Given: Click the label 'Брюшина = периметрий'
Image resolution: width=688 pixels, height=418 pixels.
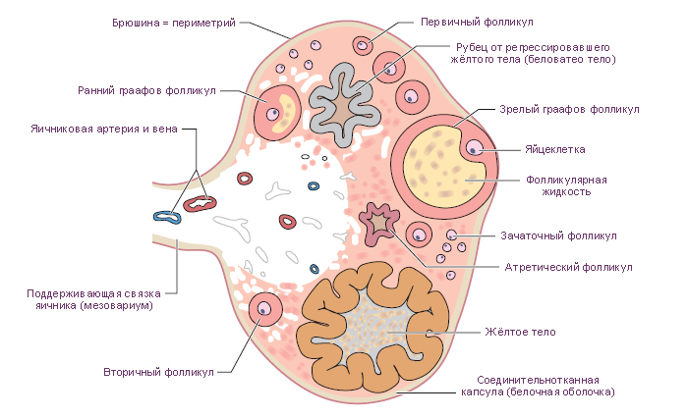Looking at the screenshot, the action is [174, 23].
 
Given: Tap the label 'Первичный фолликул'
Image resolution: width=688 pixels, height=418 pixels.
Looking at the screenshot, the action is [477, 22].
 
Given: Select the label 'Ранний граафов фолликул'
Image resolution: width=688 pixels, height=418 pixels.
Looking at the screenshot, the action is [146, 90].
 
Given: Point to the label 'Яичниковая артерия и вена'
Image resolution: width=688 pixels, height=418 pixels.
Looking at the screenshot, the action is [104, 129].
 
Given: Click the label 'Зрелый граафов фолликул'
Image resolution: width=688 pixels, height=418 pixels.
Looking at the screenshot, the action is [569, 109].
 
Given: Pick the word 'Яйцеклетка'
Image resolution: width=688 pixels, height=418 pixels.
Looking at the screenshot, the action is [555, 149].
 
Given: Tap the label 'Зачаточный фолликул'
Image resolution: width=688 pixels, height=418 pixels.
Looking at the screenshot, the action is [558, 235].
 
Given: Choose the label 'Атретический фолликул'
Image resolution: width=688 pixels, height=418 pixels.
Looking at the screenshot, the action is [568, 267].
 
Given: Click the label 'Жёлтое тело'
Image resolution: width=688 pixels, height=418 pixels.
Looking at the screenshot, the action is [520, 332].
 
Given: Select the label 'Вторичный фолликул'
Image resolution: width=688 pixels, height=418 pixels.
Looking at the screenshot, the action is [158, 372].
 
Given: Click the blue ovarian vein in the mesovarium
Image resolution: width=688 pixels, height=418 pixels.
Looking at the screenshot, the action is [167, 217].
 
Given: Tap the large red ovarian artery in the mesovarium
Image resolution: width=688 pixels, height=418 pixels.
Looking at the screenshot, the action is [200, 203].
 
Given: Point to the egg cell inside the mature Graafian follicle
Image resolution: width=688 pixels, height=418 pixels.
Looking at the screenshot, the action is [474, 148].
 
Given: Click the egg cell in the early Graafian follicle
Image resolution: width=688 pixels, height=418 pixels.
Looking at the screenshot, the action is [273, 114].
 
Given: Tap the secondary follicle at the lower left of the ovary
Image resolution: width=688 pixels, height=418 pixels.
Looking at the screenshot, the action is [265, 309].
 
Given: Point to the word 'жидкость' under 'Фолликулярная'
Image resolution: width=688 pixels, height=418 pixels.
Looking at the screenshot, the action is [566, 191].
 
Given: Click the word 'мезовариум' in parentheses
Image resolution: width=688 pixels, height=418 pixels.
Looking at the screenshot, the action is [116, 305].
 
